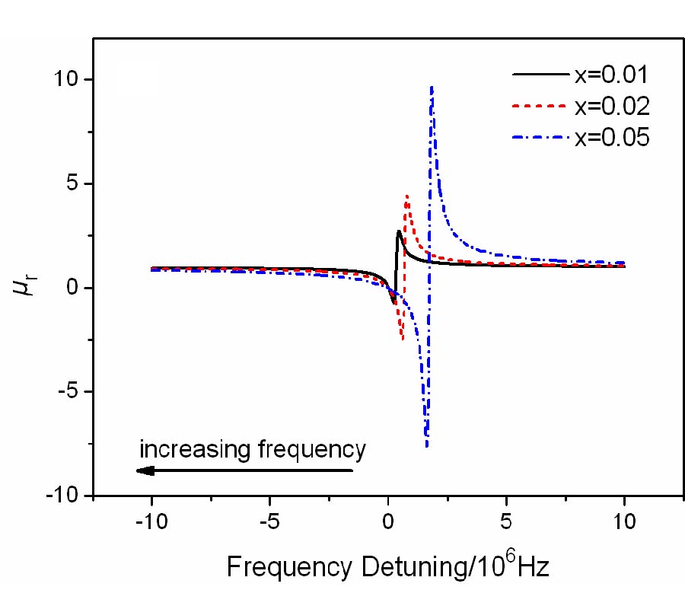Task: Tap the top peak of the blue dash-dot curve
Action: click(x=432, y=88)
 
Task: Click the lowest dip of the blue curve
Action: click(x=427, y=445)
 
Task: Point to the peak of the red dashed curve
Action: click(x=407, y=196)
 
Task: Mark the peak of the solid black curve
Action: click(x=398, y=231)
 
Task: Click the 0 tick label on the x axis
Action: click(x=388, y=523)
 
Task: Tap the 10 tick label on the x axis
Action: click(x=624, y=523)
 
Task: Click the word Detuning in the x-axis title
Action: click(x=403, y=568)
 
